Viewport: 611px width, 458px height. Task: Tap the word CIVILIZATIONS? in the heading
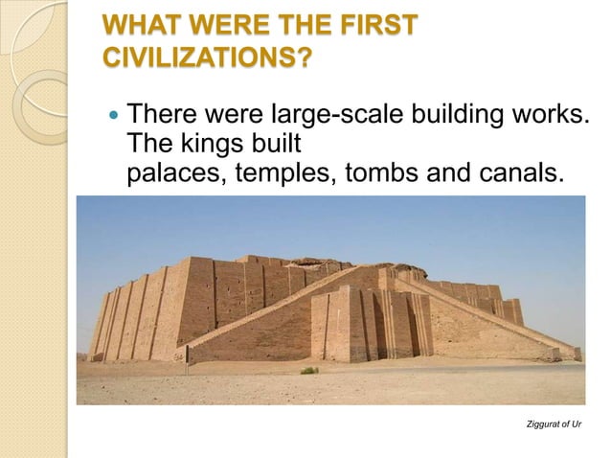pyautogui.click(x=206, y=58)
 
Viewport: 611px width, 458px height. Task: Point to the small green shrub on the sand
pyautogui.click(x=308, y=370)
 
